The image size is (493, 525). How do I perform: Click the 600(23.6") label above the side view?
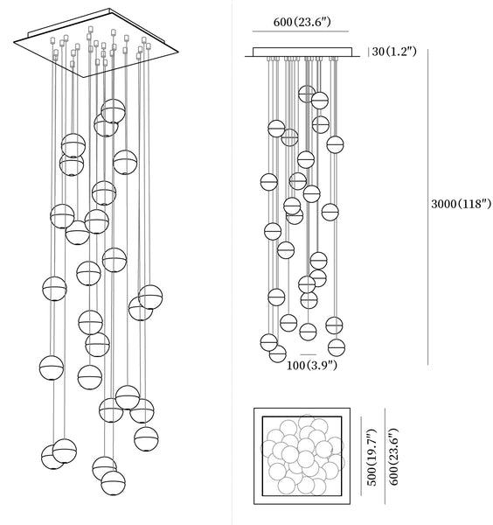[x=302, y=22]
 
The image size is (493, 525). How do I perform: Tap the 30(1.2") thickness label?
[x=394, y=52]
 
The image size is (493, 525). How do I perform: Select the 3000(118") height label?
[x=461, y=204]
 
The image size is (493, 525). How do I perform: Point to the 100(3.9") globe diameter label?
[x=312, y=365]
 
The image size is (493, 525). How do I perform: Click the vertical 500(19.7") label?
[x=371, y=458]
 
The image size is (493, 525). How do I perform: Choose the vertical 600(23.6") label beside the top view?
[x=393, y=457]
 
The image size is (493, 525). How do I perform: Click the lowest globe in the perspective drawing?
[x=113, y=483]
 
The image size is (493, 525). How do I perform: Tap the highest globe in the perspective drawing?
[x=113, y=111]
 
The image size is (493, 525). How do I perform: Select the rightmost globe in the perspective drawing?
[x=150, y=297]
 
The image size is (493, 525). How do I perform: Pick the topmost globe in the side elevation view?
[x=307, y=94]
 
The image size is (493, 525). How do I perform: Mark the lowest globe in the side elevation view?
[x=278, y=353]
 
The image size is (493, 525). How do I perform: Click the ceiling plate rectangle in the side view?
[x=302, y=52]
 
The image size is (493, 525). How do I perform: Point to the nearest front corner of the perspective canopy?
[x=84, y=77]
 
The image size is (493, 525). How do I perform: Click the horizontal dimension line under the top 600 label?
[x=301, y=31]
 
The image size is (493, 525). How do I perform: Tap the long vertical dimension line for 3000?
[x=428, y=207]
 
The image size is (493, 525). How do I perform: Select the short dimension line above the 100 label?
[x=308, y=354]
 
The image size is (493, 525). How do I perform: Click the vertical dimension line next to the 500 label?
[x=361, y=456]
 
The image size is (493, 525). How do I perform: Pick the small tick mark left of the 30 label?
[x=369, y=52]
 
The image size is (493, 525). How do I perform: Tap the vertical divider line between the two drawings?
[x=232, y=262]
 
